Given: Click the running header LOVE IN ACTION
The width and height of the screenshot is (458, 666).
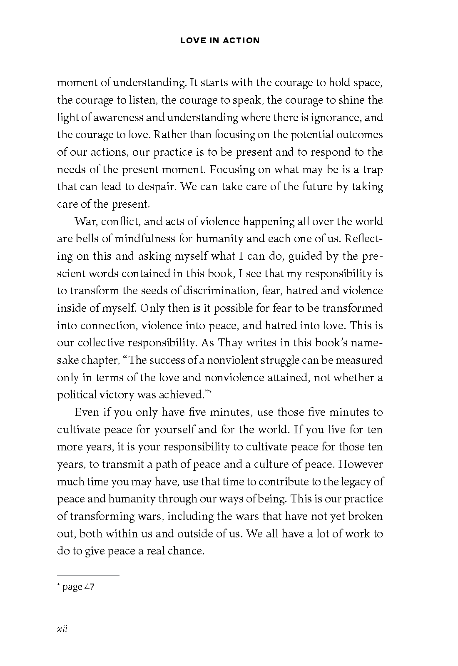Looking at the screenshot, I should coord(220,40).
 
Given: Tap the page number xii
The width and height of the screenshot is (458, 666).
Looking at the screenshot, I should coord(62,628).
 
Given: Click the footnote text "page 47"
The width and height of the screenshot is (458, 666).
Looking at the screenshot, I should coord(78,587).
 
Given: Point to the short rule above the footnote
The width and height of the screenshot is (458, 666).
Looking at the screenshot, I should coord(88,575).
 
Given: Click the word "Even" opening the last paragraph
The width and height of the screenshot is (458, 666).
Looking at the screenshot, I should coord(87,412).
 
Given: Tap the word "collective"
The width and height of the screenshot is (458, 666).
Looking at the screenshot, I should coord(100,343).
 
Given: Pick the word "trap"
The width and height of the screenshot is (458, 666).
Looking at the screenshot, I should coord(373,169).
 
